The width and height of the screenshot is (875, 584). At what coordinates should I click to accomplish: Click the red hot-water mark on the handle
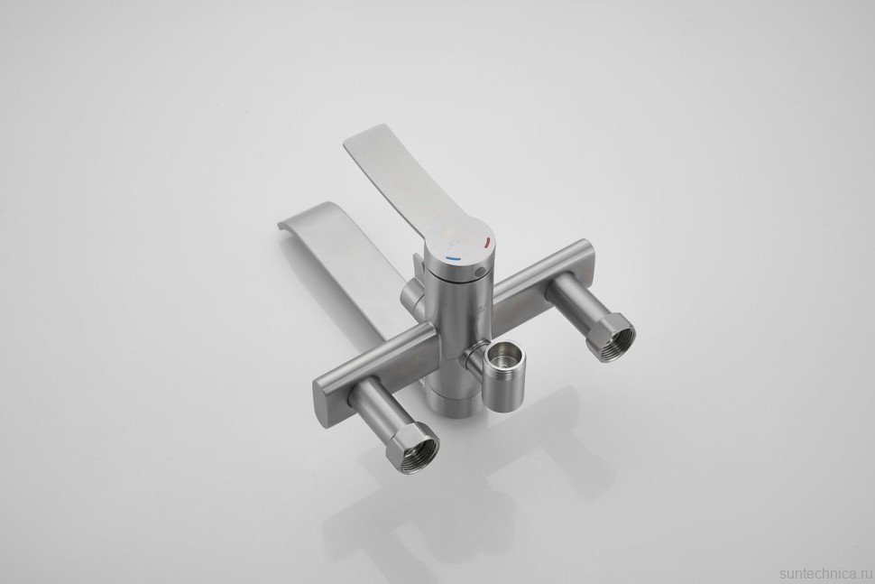pyautogui.click(x=488, y=242)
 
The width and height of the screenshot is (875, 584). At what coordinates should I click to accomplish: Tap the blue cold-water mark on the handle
pyautogui.click(x=453, y=258)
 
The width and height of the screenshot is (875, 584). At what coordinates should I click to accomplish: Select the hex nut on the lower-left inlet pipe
pyautogui.click(x=415, y=450)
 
